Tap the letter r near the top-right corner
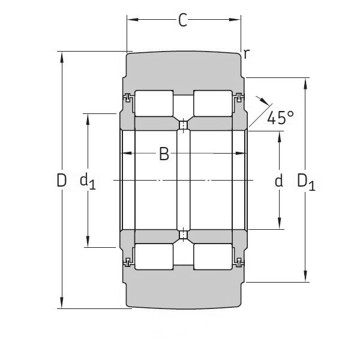coord(246,54)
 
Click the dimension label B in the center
coord(164,155)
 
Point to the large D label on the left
coord(61,180)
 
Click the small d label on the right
coord(278,181)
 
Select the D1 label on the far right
coord(306,181)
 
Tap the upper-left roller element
coord(154,103)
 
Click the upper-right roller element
coord(212,103)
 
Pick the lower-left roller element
coord(154,257)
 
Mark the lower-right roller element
coord(212,257)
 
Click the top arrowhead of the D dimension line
coord(61,56)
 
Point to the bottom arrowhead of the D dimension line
coord(61,304)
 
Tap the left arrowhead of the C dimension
coord(131,20)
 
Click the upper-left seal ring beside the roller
coord(127,97)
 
